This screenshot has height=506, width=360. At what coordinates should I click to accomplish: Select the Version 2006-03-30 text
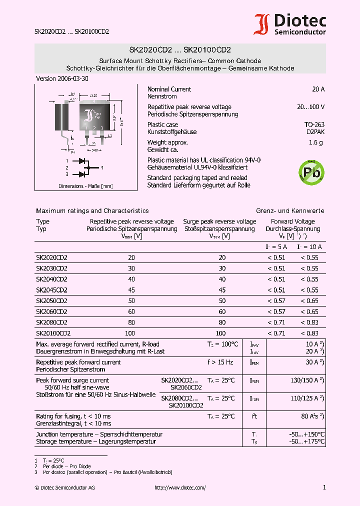pos(62,79)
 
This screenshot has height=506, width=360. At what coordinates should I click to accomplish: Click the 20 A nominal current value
pos(318,89)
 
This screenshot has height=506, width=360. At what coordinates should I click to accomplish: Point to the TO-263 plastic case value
pos(314,124)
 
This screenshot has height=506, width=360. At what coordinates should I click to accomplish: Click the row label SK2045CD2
pos(51,290)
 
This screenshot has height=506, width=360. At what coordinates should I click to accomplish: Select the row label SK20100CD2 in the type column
pos(53,333)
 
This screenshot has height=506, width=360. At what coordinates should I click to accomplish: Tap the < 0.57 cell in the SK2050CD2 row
pos(276,301)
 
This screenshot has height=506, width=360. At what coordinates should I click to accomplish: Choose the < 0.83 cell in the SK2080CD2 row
pos(309,322)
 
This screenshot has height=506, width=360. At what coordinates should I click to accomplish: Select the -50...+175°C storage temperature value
pos(307,441)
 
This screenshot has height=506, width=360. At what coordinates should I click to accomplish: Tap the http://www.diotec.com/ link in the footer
pos(180,487)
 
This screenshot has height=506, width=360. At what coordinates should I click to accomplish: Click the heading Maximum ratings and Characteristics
pos(92,211)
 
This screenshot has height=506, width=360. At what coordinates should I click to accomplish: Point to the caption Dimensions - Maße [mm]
pos(85,186)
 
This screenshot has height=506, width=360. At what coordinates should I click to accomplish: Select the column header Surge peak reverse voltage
pos(219,221)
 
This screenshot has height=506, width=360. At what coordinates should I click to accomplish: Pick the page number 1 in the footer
pos(324,487)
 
